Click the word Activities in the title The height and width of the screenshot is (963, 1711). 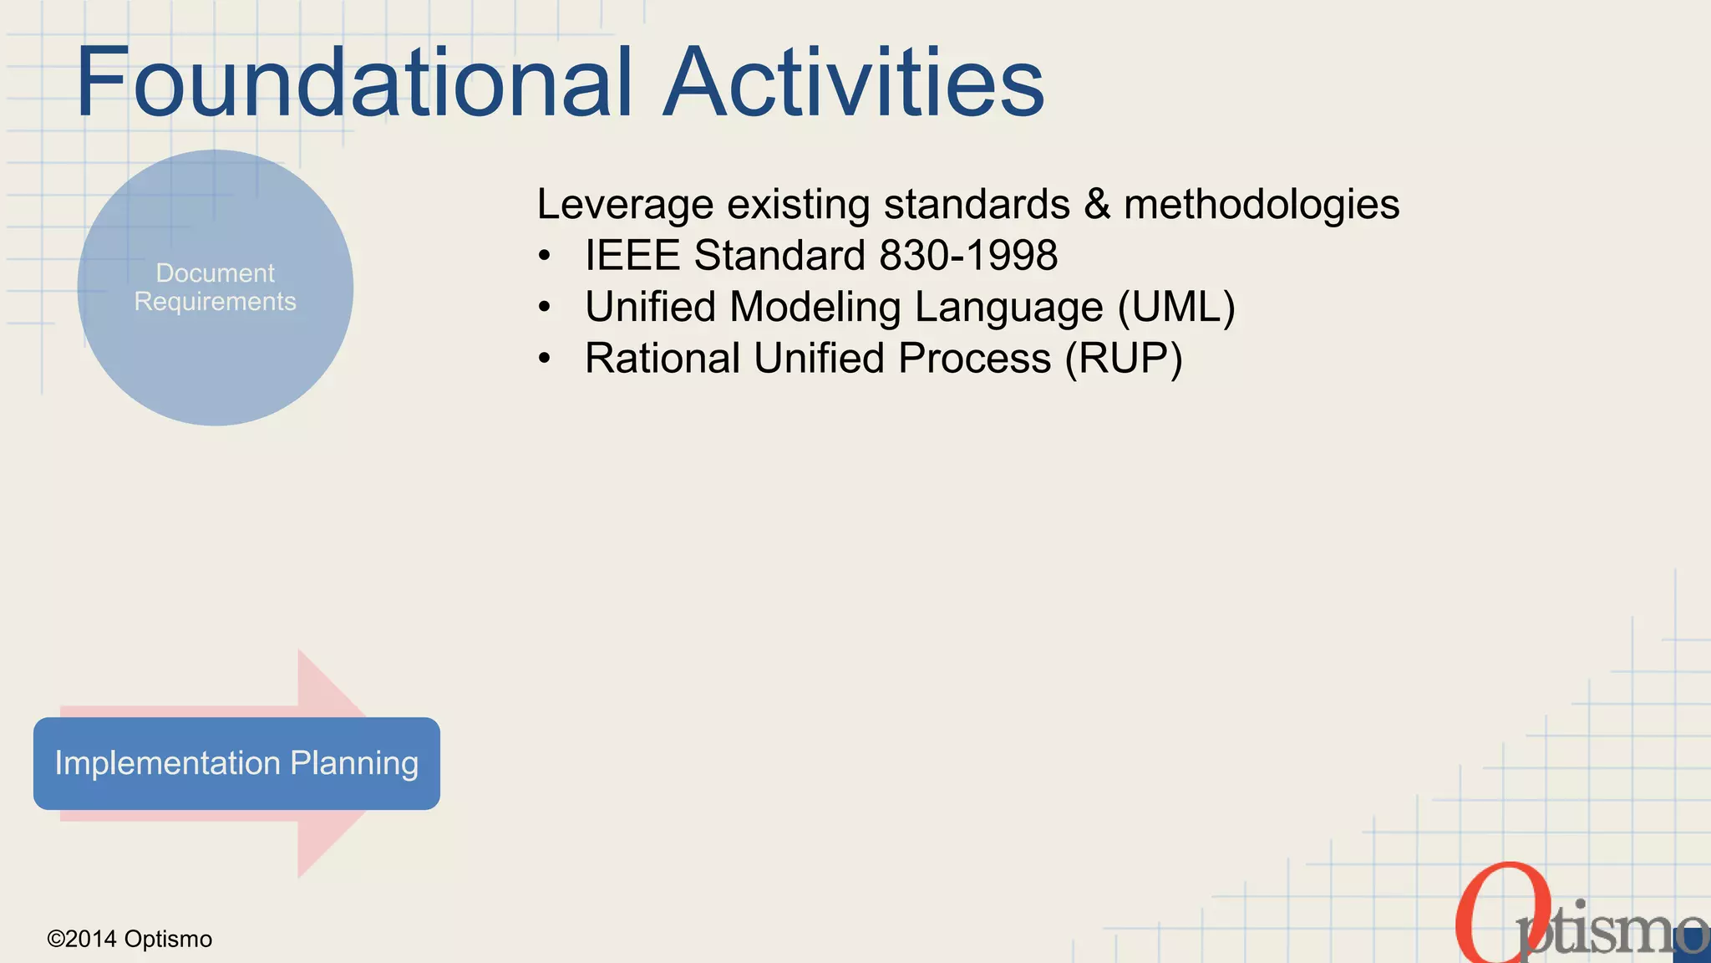coord(854,82)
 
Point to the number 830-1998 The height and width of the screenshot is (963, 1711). coord(968,255)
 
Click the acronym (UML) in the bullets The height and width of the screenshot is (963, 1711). coord(1176,307)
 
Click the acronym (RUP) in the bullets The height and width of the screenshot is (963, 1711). coord(1124,359)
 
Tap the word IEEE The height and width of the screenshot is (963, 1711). coord(632,255)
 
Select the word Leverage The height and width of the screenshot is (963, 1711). coord(625,205)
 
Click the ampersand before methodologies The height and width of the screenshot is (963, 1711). coord(1096,205)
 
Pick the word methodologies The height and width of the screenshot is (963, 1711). coord(1262,205)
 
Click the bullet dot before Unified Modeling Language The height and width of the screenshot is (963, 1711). coord(545,308)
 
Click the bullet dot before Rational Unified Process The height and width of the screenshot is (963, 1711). coord(545,359)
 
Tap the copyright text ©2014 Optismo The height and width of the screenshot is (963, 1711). coord(129,939)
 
